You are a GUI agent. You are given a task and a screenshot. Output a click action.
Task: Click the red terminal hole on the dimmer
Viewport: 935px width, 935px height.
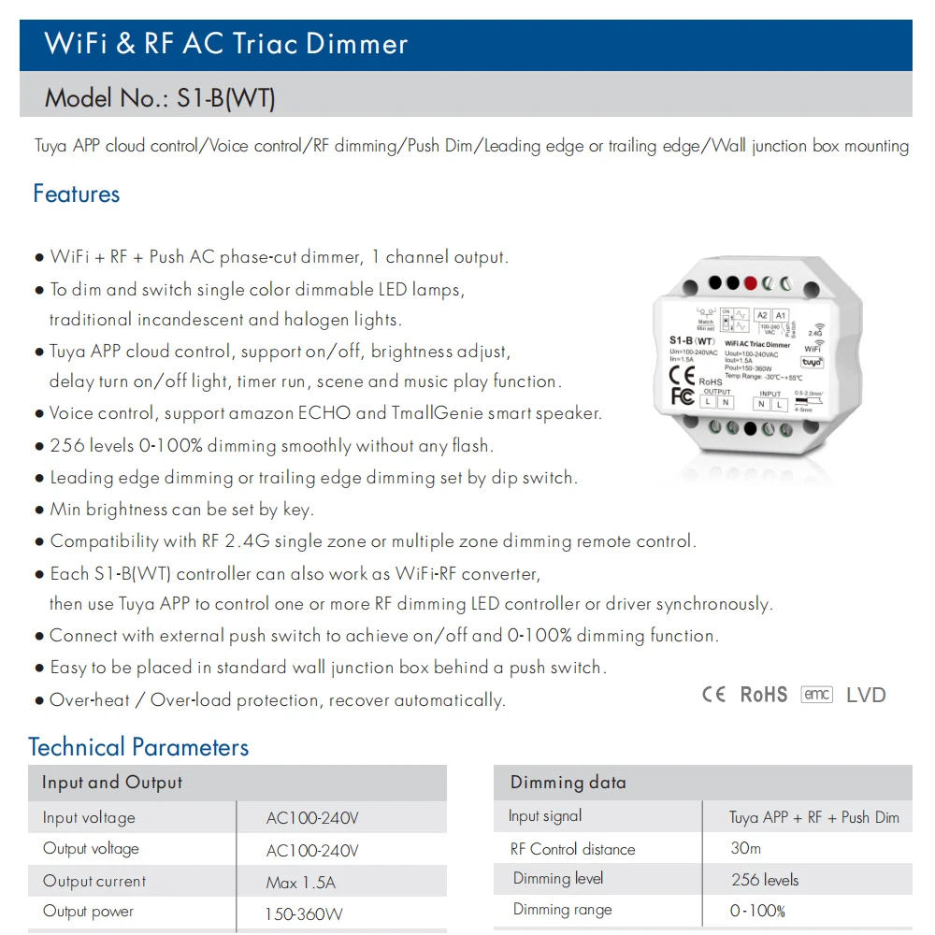coord(750,282)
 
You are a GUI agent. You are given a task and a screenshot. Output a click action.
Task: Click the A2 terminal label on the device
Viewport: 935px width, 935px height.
coord(762,315)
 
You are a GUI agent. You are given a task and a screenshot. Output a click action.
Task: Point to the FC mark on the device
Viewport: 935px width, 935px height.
coord(683,396)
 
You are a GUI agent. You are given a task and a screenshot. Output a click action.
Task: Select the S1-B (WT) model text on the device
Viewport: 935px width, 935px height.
coord(692,341)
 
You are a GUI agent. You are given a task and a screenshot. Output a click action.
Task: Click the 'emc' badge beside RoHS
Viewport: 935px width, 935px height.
coord(816,695)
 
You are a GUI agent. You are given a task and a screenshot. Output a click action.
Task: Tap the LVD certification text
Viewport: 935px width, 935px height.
coord(866,695)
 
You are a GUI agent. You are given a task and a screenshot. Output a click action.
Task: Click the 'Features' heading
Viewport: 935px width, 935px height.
coord(77,194)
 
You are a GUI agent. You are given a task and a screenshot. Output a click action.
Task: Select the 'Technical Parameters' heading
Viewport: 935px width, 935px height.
coord(138,747)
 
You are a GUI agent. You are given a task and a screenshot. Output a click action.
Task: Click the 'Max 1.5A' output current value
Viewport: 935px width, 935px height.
coord(300,882)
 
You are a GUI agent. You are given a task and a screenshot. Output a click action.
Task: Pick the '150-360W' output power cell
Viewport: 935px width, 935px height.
coord(305,913)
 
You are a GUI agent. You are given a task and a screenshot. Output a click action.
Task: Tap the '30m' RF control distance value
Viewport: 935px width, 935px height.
coord(746,849)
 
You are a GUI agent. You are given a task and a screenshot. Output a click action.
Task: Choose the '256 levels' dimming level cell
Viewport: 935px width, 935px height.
coord(765,880)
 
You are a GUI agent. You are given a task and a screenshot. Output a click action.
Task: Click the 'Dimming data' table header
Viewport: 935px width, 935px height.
coord(568,783)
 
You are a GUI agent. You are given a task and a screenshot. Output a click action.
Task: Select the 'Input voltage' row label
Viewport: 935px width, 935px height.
coord(89,818)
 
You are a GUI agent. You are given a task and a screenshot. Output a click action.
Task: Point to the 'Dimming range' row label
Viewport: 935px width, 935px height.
coord(563,910)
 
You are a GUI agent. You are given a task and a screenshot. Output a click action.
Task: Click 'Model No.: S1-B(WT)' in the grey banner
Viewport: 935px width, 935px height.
coord(160,97)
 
